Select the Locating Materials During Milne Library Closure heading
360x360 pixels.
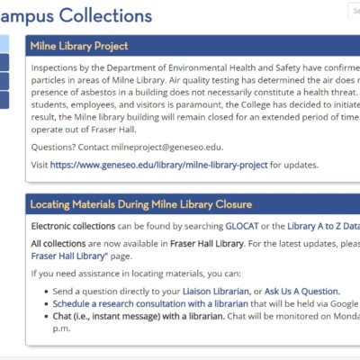(x=140, y=204)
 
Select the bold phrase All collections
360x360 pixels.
(x=64, y=243)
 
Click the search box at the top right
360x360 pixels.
(x=354, y=11)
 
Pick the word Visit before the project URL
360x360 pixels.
(x=39, y=166)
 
